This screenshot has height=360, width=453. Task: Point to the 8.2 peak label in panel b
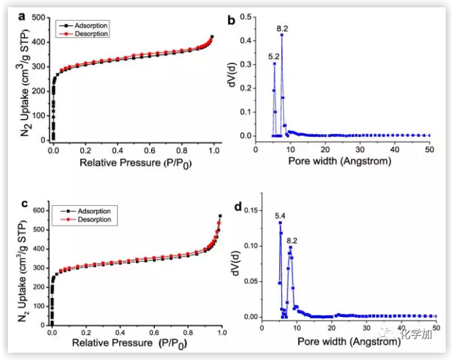pyautogui.click(x=283, y=28)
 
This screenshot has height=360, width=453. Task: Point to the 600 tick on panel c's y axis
pyautogui.click(x=41, y=210)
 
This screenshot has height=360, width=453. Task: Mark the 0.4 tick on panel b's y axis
pyautogui.click(x=246, y=41)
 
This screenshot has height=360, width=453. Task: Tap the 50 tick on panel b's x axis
pyautogui.click(x=429, y=149)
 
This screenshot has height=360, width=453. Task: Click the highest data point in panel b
pyautogui.click(x=281, y=34)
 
